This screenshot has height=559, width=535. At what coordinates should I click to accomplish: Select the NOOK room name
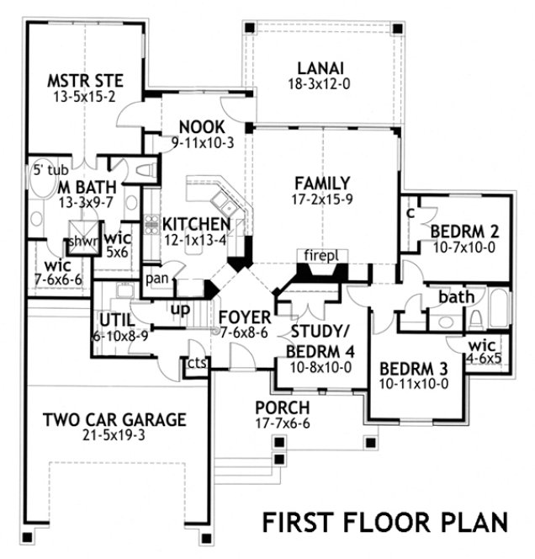point(202,127)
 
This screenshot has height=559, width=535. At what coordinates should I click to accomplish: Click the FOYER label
point(245,317)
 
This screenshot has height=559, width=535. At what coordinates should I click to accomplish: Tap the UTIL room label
point(116,319)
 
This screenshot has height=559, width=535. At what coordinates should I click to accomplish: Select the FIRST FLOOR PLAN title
point(384,521)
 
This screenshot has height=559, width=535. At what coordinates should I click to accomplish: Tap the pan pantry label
point(156,278)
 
